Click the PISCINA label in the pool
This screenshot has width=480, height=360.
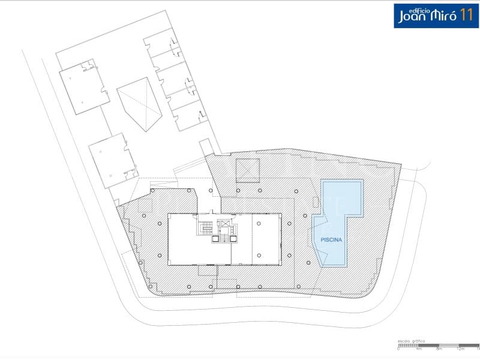(331, 239)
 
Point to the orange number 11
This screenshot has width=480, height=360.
(465, 16)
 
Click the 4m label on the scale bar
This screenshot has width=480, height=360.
(419, 349)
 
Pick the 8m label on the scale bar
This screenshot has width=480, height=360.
(439, 349)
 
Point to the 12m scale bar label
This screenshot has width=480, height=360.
(460, 349)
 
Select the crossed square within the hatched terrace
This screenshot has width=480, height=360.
(247, 170)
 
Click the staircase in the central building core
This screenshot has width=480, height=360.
(206, 229)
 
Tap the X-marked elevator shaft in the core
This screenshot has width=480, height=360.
(225, 226)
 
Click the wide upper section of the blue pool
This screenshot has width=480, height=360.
(343, 197)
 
